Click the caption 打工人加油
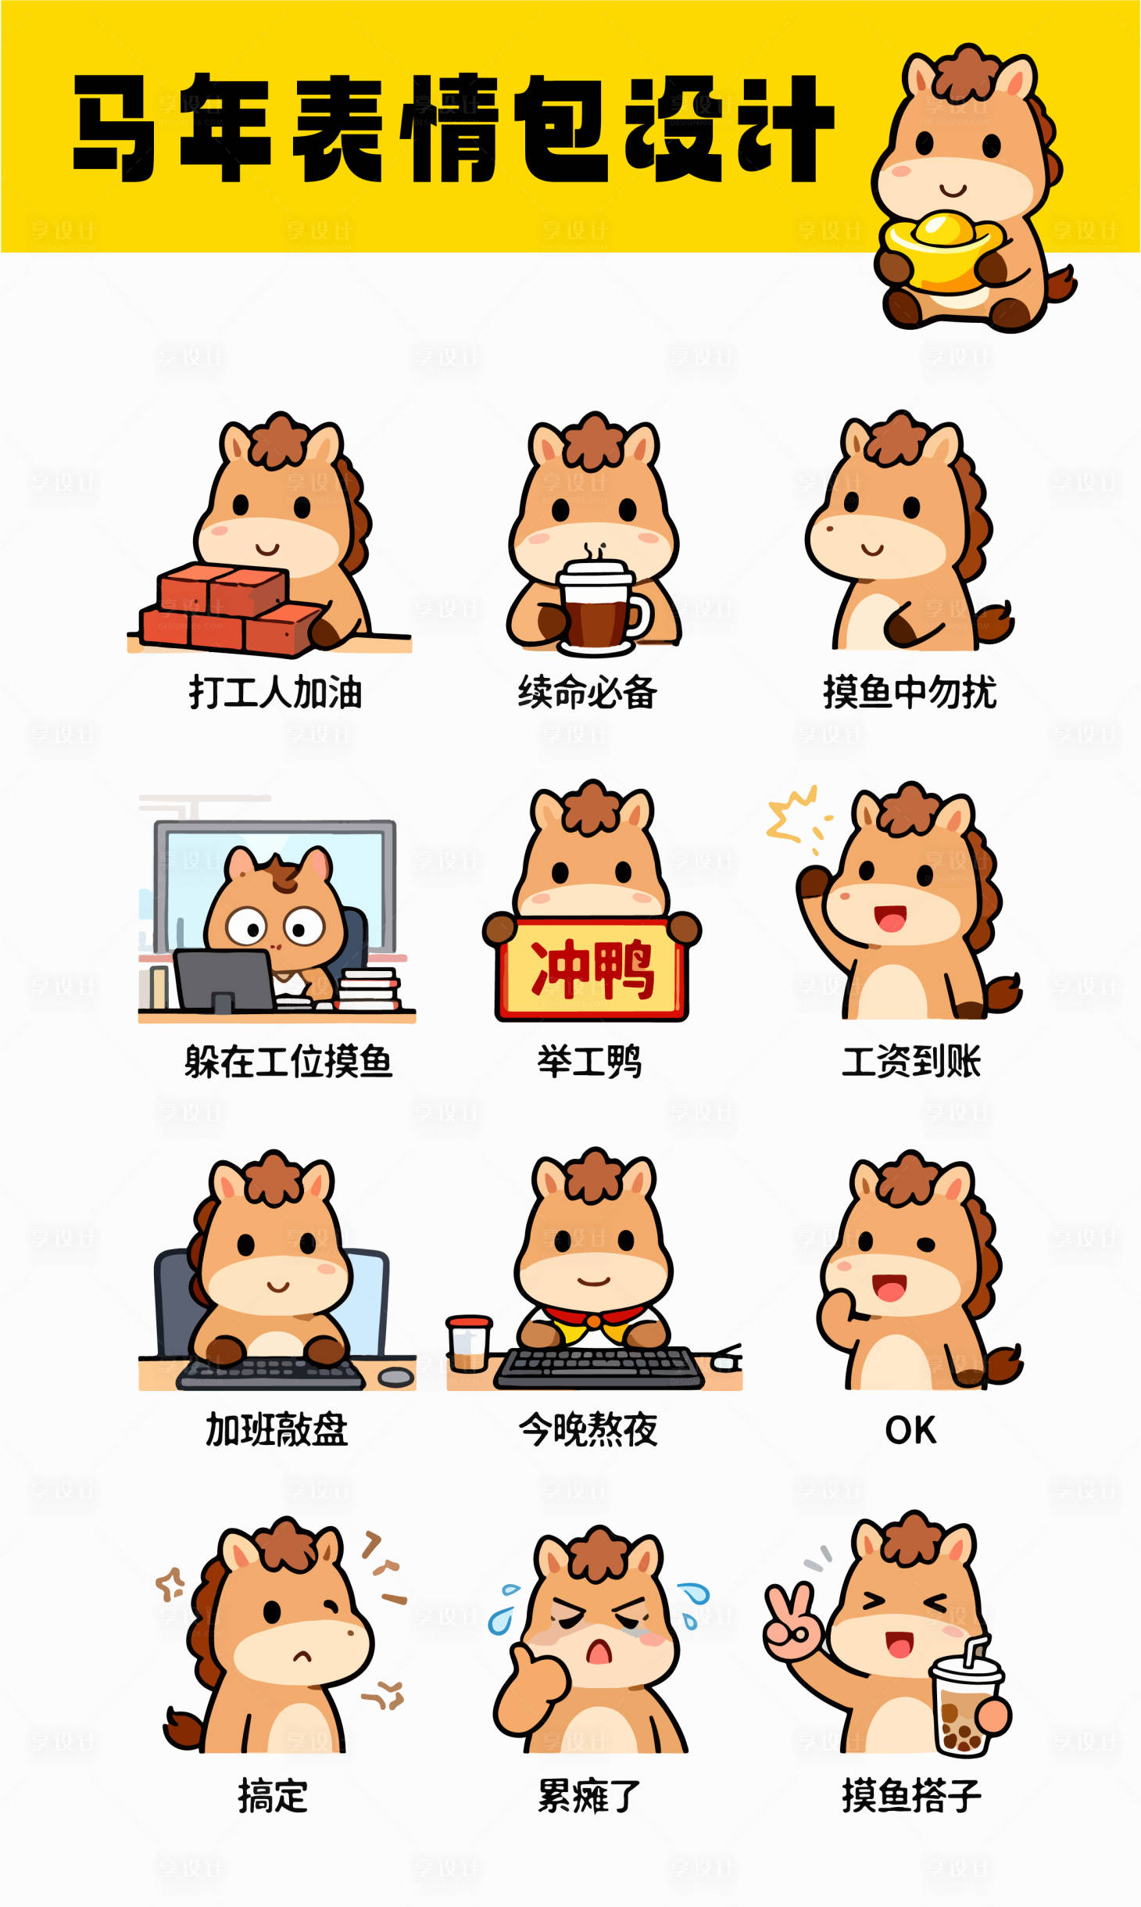275,693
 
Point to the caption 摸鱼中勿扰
910,693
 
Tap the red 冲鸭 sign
592,970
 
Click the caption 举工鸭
589,1061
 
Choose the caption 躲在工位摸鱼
288,1061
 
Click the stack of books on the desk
369,989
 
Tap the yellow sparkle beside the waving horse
791,815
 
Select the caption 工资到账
911,1061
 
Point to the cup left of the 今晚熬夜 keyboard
469,1343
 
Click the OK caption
910,1430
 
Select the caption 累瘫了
589,1796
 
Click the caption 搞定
273,1796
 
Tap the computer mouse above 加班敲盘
396,1377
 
